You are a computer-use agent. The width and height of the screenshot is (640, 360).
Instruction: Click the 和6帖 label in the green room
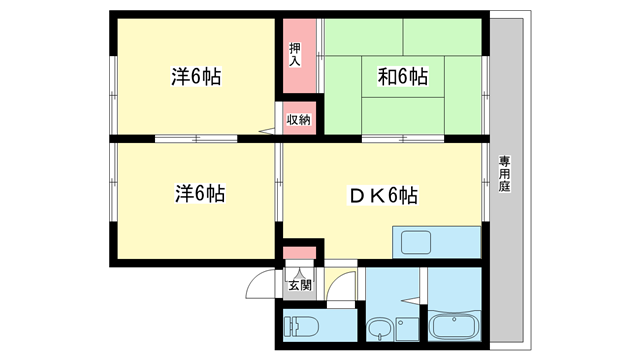(404, 77)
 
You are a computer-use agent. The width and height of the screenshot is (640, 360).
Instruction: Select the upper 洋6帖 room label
(196, 77)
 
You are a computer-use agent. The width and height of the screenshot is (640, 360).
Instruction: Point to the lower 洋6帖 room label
(196, 194)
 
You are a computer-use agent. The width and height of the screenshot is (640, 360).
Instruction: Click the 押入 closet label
(295, 55)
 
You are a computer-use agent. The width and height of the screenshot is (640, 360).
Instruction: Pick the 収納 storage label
(299, 120)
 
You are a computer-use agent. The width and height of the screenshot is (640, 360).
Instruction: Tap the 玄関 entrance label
(299, 286)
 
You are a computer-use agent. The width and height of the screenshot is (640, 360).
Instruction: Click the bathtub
(456, 328)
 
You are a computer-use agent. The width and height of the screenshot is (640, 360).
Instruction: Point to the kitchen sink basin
(414, 242)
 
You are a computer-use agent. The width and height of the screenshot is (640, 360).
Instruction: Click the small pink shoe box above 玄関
(299, 254)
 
